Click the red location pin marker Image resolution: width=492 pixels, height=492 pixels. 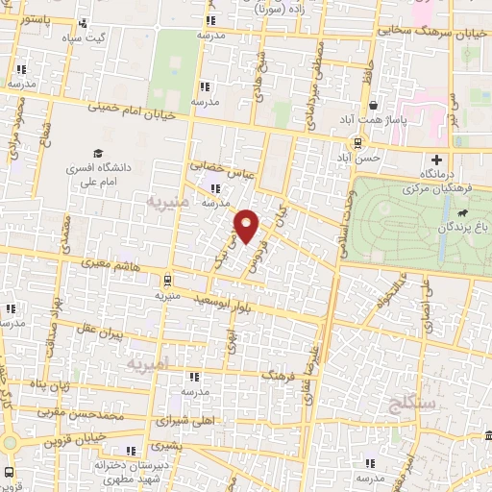[x=248, y=227]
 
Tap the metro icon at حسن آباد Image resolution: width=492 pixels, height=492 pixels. [x=358, y=143]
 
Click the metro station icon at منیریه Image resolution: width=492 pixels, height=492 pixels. [x=170, y=281]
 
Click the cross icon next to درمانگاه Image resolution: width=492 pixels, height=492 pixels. [x=438, y=159]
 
